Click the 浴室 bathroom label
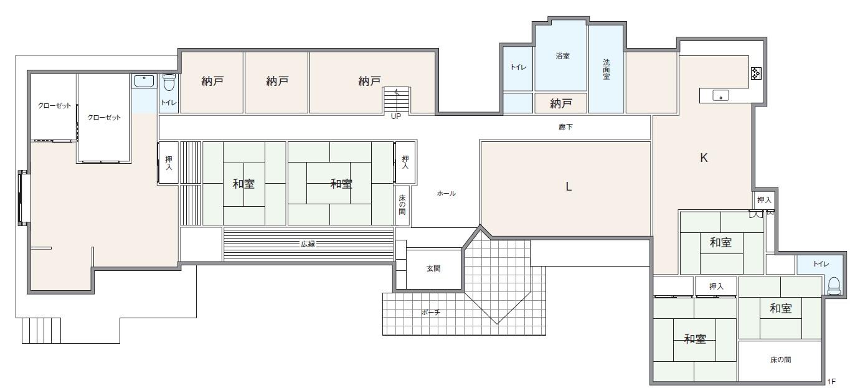pyautogui.click(x=562, y=56)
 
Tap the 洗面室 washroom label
pyautogui.click(x=606, y=69)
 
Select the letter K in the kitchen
pyautogui.click(x=704, y=158)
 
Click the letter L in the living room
pyautogui.click(x=569, y=187)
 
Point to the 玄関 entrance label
pyautogui.click(x=433, y=268)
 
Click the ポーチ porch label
pyautogui.click(x=430, y=313)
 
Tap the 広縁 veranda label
pyautogui.click(x=308, y=244)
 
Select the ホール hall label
pyautogui.click(x=446, y=194)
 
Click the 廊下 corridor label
pyautogui.click(x=565, y=127)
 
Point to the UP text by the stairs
pyautogui.click(x=395, y=116)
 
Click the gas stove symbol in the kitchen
pyautogui.click(x=756, y=73)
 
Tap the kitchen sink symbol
pyautogui.click(x=722, y=97)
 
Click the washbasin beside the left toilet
pyautogui.click(x=144, y=81)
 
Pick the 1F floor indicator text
pyautogui.click(x=831, y=381)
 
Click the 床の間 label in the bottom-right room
pyautogui.click(x=781, y=360)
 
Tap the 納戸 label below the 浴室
pyautogui.click(x=560, y=104)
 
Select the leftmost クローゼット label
pyautogui.click(x=54, y=106)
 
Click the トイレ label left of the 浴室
pyautogui.click(x=517, y=67)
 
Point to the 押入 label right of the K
pyautogui.click(x=764, y=200)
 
